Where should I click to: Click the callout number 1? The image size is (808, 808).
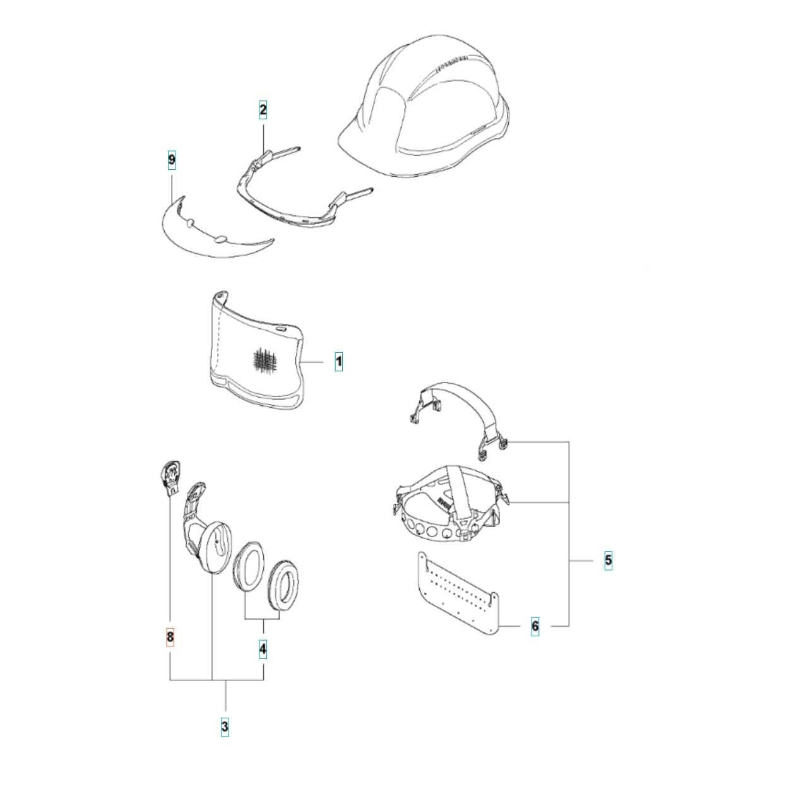[338, 362]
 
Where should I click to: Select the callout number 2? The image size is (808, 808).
[263, 110]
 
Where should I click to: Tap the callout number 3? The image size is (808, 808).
[225, 727]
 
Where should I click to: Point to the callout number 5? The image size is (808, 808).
[608, 560]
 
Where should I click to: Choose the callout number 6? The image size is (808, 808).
[535, 626]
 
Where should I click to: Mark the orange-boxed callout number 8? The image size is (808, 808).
[170, 638]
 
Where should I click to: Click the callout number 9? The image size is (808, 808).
[172, 160]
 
